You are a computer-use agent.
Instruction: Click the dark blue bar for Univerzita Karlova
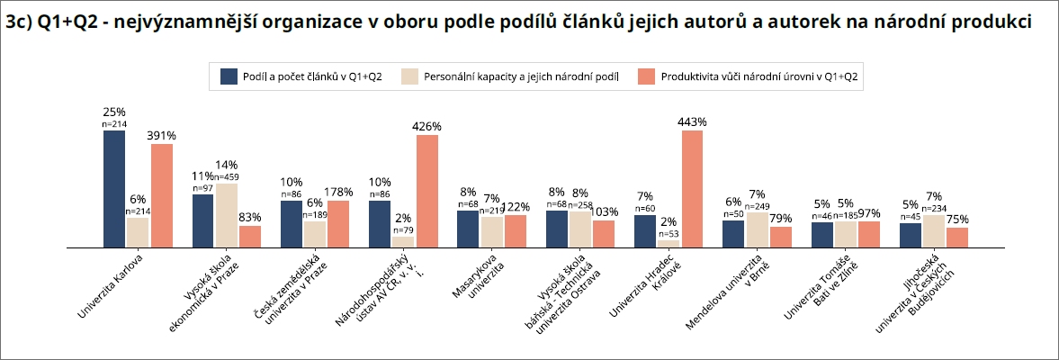114,188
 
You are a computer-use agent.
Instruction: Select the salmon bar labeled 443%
692,188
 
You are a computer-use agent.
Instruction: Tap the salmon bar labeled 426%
427,191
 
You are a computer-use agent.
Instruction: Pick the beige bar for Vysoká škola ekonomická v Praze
226,215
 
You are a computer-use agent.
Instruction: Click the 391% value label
162,136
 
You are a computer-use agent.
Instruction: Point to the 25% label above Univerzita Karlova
114,112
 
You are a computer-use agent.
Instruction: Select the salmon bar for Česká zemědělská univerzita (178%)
338,223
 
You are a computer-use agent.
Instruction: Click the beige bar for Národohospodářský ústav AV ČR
403,241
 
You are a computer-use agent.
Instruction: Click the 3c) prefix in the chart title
20,23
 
